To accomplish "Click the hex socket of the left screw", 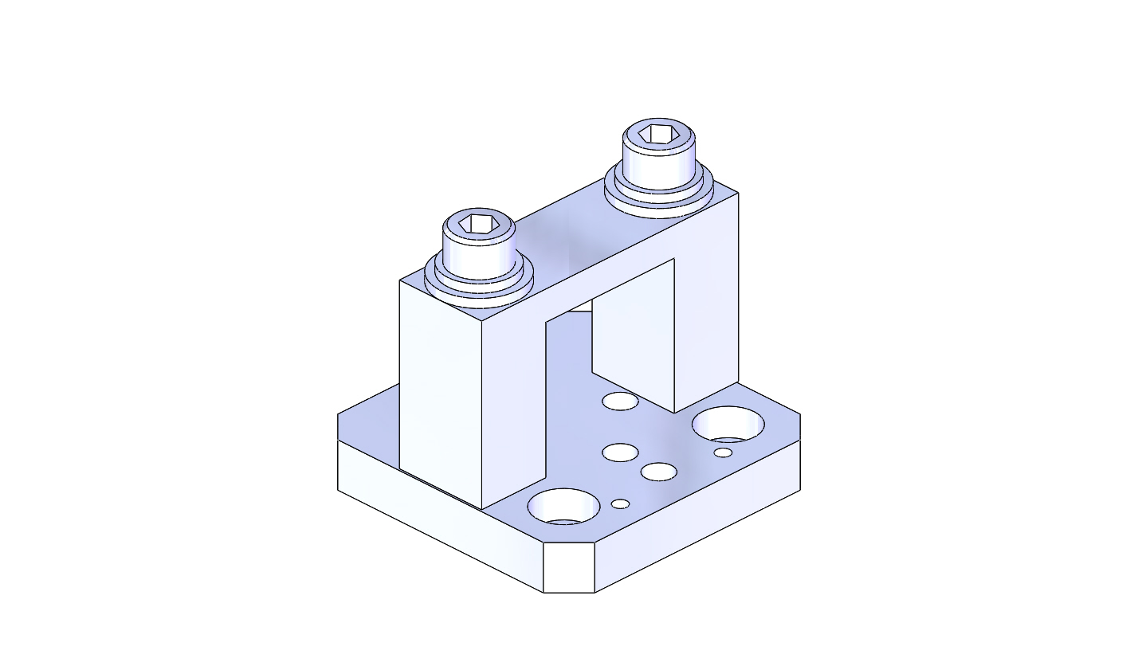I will click(x=477, y=225).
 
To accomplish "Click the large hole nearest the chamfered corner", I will click(x=564, y=505).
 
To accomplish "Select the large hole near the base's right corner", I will click(x=728, y=423).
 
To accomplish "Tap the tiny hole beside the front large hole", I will click(x=621, y=503).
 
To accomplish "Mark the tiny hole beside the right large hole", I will click(x=723, y=452).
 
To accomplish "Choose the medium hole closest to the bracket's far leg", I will click(x=620, y=402).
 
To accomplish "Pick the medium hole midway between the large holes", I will click(x=658, y=472).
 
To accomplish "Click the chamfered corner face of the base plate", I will click(x=569, y=568).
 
